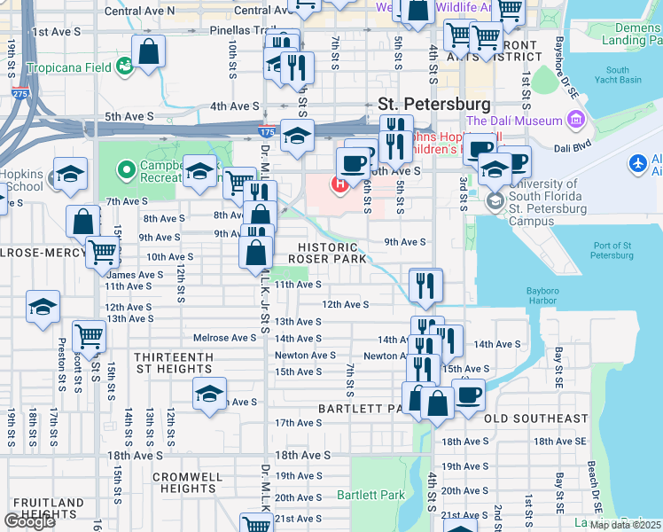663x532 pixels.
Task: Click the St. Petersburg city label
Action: pyautogui.click(x=434, y=104)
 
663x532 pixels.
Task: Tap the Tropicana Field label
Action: pyautogui.click(x=69, y=67)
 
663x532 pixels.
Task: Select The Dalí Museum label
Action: pyautogui.click(x=514, y=121)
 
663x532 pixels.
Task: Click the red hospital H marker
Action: pyautogui.click(x=338, y=184)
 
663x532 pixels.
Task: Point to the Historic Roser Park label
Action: pyautogui.click(x=332, y=253)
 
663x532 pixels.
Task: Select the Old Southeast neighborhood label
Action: pyautogui.click(x=536, y=418)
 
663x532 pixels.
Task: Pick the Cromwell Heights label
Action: pyautogui.click(x=186, y=482)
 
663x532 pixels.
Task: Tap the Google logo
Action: pyautogui.click(x=29, y=520)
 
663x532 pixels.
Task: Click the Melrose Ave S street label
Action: pyautogui.click(x=225, y=338)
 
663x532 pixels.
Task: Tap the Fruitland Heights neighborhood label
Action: pyautogui.click(x=43, y=508)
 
